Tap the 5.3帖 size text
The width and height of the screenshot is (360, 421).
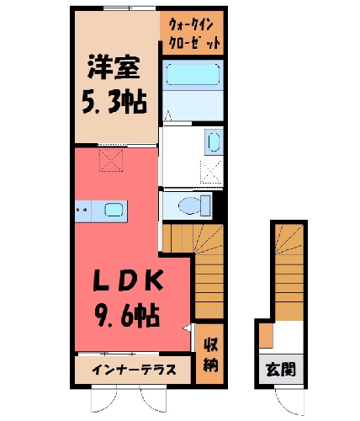tap(114, 101)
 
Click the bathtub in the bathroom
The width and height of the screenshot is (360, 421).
tap(193, 75)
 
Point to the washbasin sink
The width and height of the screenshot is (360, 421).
tap(214, 141)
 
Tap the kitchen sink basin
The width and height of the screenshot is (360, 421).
tap(114, 210)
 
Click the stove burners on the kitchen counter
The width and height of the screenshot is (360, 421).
tap(82, 210)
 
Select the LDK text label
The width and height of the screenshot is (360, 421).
tap(128, 280)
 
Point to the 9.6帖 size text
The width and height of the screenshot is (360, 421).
tap(128, 316)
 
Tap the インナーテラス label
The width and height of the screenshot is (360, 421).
tap(134, 370)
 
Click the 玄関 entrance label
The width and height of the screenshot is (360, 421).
tap(281, 370)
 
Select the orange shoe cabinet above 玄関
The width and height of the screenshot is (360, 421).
tap(266, 335)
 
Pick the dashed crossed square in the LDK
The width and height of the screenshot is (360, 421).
tap(111, 160)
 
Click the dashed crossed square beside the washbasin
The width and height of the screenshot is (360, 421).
tap(212, 172)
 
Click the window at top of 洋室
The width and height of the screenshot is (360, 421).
tap(130, 8)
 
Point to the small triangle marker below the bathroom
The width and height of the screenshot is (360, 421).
tap(167, 115)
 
